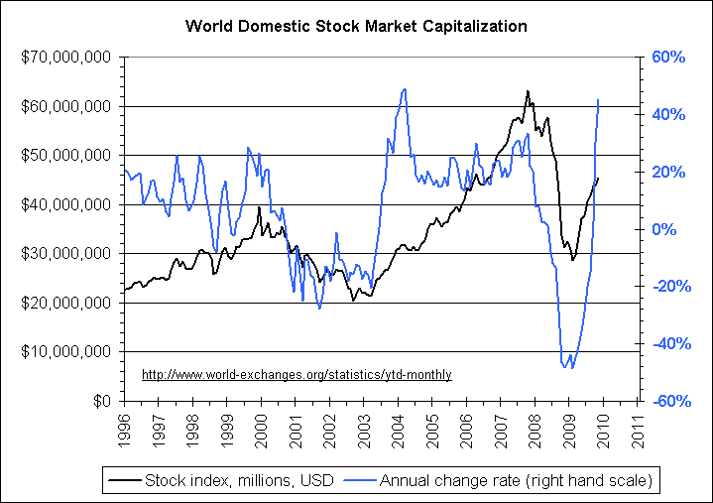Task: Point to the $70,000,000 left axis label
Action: tap(65, 58)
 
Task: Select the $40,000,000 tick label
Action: tap(65, 204)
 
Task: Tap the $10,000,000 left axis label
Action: tap(65, 352)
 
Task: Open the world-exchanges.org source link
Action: tap(297, 375)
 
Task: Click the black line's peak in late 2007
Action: tap(528, 91)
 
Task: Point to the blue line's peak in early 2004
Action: tap(404, 89)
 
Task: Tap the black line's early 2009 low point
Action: tap(572, 261)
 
